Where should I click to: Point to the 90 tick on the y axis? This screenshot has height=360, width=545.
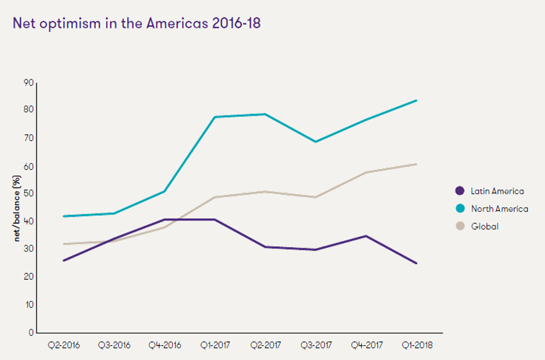pyautogui.click(x=28, y=83)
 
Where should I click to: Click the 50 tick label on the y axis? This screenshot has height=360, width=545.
pyautogui.click(x=28, y=194)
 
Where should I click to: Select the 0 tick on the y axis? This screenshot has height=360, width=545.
pyautogui.click(x=31, y=332)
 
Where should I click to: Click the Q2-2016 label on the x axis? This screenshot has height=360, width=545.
pyautogui.click(x=63, y=345)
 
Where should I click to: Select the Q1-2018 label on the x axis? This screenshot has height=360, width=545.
pyautogui.click(x=416, y=345)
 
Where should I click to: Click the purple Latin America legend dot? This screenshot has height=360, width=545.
pyautogui.click(x=460, y=191)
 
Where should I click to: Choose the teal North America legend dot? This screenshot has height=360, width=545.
pyautogui.click(x=460, y=208)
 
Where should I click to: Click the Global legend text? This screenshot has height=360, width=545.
pyautogui.click(x=485, y=226)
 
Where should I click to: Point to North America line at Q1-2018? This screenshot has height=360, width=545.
pyautogui.click(x=416, y=100)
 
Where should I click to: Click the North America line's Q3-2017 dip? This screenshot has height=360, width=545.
pyautogui.click(x=315, y=142)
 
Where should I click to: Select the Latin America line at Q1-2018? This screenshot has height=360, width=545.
pyautogui.click(x=416, y=263)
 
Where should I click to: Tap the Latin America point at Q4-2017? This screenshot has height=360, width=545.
pyautogui.click(x=366, y=236)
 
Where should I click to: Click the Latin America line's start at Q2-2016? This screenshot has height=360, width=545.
pyautogui.click(x=63, y=261)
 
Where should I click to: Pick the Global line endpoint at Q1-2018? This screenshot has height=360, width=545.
pyautogui.click(x=416, y=164)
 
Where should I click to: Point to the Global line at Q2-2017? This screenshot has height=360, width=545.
pyautogui.click(x=265, y=191)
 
